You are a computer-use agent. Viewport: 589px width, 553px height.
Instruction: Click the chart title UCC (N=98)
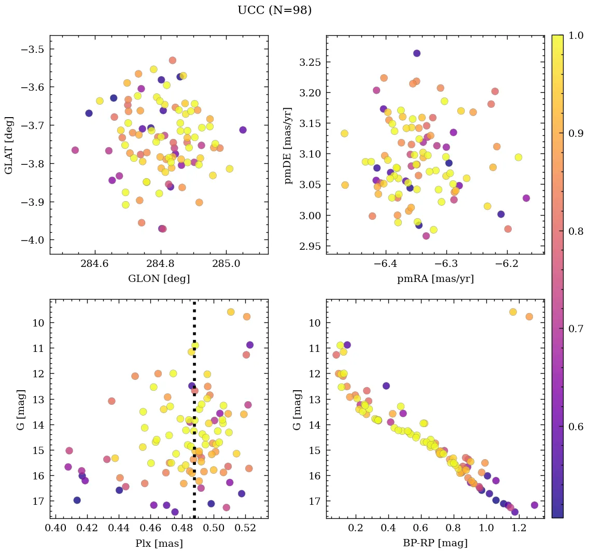[x=274, y=10]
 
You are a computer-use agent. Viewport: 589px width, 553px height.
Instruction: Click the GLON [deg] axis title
[x=159, y=279]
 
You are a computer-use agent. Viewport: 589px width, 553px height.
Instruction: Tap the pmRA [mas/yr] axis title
[x=435, y=279]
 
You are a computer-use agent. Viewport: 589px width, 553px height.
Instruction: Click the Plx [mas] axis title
[x=159, y=543]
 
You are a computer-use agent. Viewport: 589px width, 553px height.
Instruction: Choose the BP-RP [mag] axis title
[x=435, y=543]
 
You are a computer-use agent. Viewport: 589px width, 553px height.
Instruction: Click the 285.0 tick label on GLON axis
[x=226, y=264]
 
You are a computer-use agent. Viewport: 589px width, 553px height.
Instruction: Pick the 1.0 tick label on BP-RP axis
[x=486, y=529]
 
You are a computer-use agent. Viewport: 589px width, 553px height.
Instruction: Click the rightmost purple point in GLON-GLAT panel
[x=243, y=130]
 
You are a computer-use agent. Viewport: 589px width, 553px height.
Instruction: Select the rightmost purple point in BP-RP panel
[x=535, y=505]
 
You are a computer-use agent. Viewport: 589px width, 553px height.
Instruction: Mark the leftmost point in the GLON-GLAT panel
[x=75, y=150]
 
